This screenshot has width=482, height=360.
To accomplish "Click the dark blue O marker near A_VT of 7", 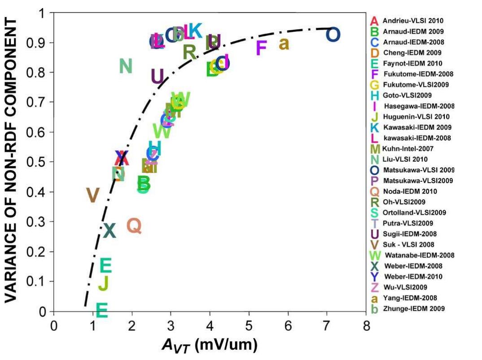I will tap(333, 34).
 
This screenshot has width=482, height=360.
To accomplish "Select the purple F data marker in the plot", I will tap(261, 47).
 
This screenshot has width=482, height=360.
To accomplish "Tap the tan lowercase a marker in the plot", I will tap(284, 44).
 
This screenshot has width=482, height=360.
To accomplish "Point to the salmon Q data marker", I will tap(134, 226).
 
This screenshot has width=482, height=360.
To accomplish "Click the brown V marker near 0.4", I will tap(92, 195).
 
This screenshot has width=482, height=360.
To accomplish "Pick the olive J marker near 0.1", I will tap(103, 283).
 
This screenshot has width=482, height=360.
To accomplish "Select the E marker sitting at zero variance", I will tap(102, 310).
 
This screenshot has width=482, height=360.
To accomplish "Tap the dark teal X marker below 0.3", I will tap(109, 231).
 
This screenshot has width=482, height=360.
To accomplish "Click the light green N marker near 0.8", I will tap(126, 66).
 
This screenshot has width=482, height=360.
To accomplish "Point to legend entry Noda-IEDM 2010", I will tap(410, 191).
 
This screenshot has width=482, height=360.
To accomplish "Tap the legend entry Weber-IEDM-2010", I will tap(412, 277).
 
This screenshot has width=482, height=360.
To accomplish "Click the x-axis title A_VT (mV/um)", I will tap(209, 343).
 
